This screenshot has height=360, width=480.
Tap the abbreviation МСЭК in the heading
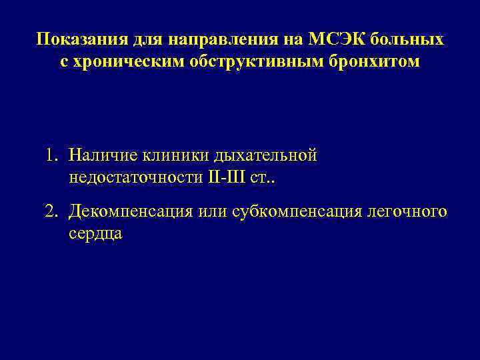(x=336, y=39)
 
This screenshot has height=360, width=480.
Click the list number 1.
(x=51, y=156)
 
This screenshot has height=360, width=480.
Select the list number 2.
(x=51, y=212)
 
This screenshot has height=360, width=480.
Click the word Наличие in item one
(x=101, y=156)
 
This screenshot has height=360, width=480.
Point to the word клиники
(x=174, y=156)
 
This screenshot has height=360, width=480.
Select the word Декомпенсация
(x=131, y=212)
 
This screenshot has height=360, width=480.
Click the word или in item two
(x=213, y=212)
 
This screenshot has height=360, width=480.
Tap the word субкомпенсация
(x=297, y=212)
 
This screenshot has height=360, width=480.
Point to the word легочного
(x=407, y=212)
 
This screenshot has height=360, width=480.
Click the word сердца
(x=95, y=234)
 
